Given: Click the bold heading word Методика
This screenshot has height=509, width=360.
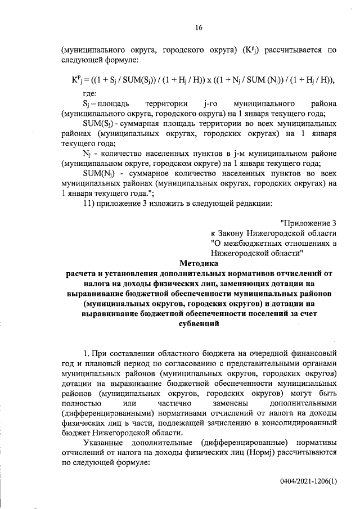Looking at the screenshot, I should [x=199, y=262].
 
